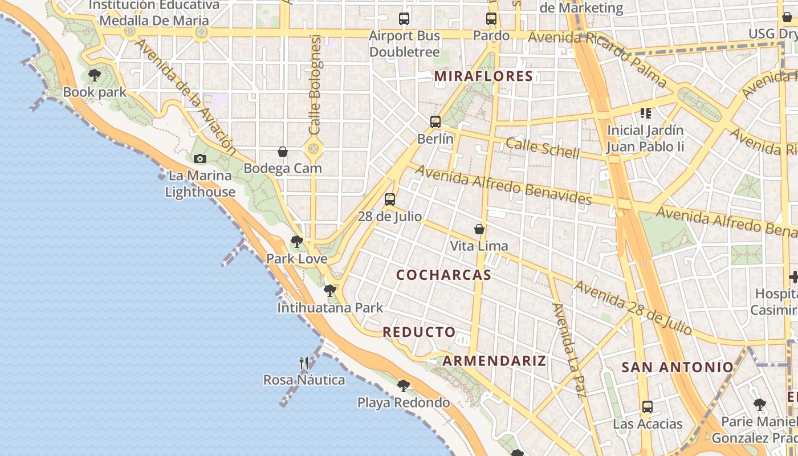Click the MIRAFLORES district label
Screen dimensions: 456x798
click(x=484, y=76)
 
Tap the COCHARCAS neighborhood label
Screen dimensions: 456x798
click(x=443, y=275)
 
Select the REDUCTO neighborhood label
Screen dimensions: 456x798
click(x=419, y=332)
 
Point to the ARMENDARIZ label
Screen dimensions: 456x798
click(x=494, y=360)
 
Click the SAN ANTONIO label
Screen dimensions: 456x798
click(x=677, y=367)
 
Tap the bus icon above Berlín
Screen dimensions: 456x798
click(x=435, y=121)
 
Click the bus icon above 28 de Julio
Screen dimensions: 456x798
click(x=390, y=199)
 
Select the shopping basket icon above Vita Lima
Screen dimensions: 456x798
click(x=479, y=229)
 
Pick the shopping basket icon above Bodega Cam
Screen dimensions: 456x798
click(x=283, y=151)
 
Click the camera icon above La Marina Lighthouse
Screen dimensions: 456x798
click(x=200, y=158)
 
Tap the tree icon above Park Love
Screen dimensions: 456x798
click(x=296, y=242)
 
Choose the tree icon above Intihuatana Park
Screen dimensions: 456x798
click(x=329, y=291)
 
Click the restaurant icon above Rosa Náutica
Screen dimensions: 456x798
click(x=304, y=363)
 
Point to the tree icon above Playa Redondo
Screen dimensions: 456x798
click(x=404, y=386)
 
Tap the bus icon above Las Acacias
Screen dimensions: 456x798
click(x=648, y=407)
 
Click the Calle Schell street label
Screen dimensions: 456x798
click(x=543, y=148)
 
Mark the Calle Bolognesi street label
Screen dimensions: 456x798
click(x=315, y=85)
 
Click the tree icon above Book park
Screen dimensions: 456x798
click(x=95, y=75)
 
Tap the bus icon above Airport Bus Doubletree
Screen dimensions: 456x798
click(x=404, y=19)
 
